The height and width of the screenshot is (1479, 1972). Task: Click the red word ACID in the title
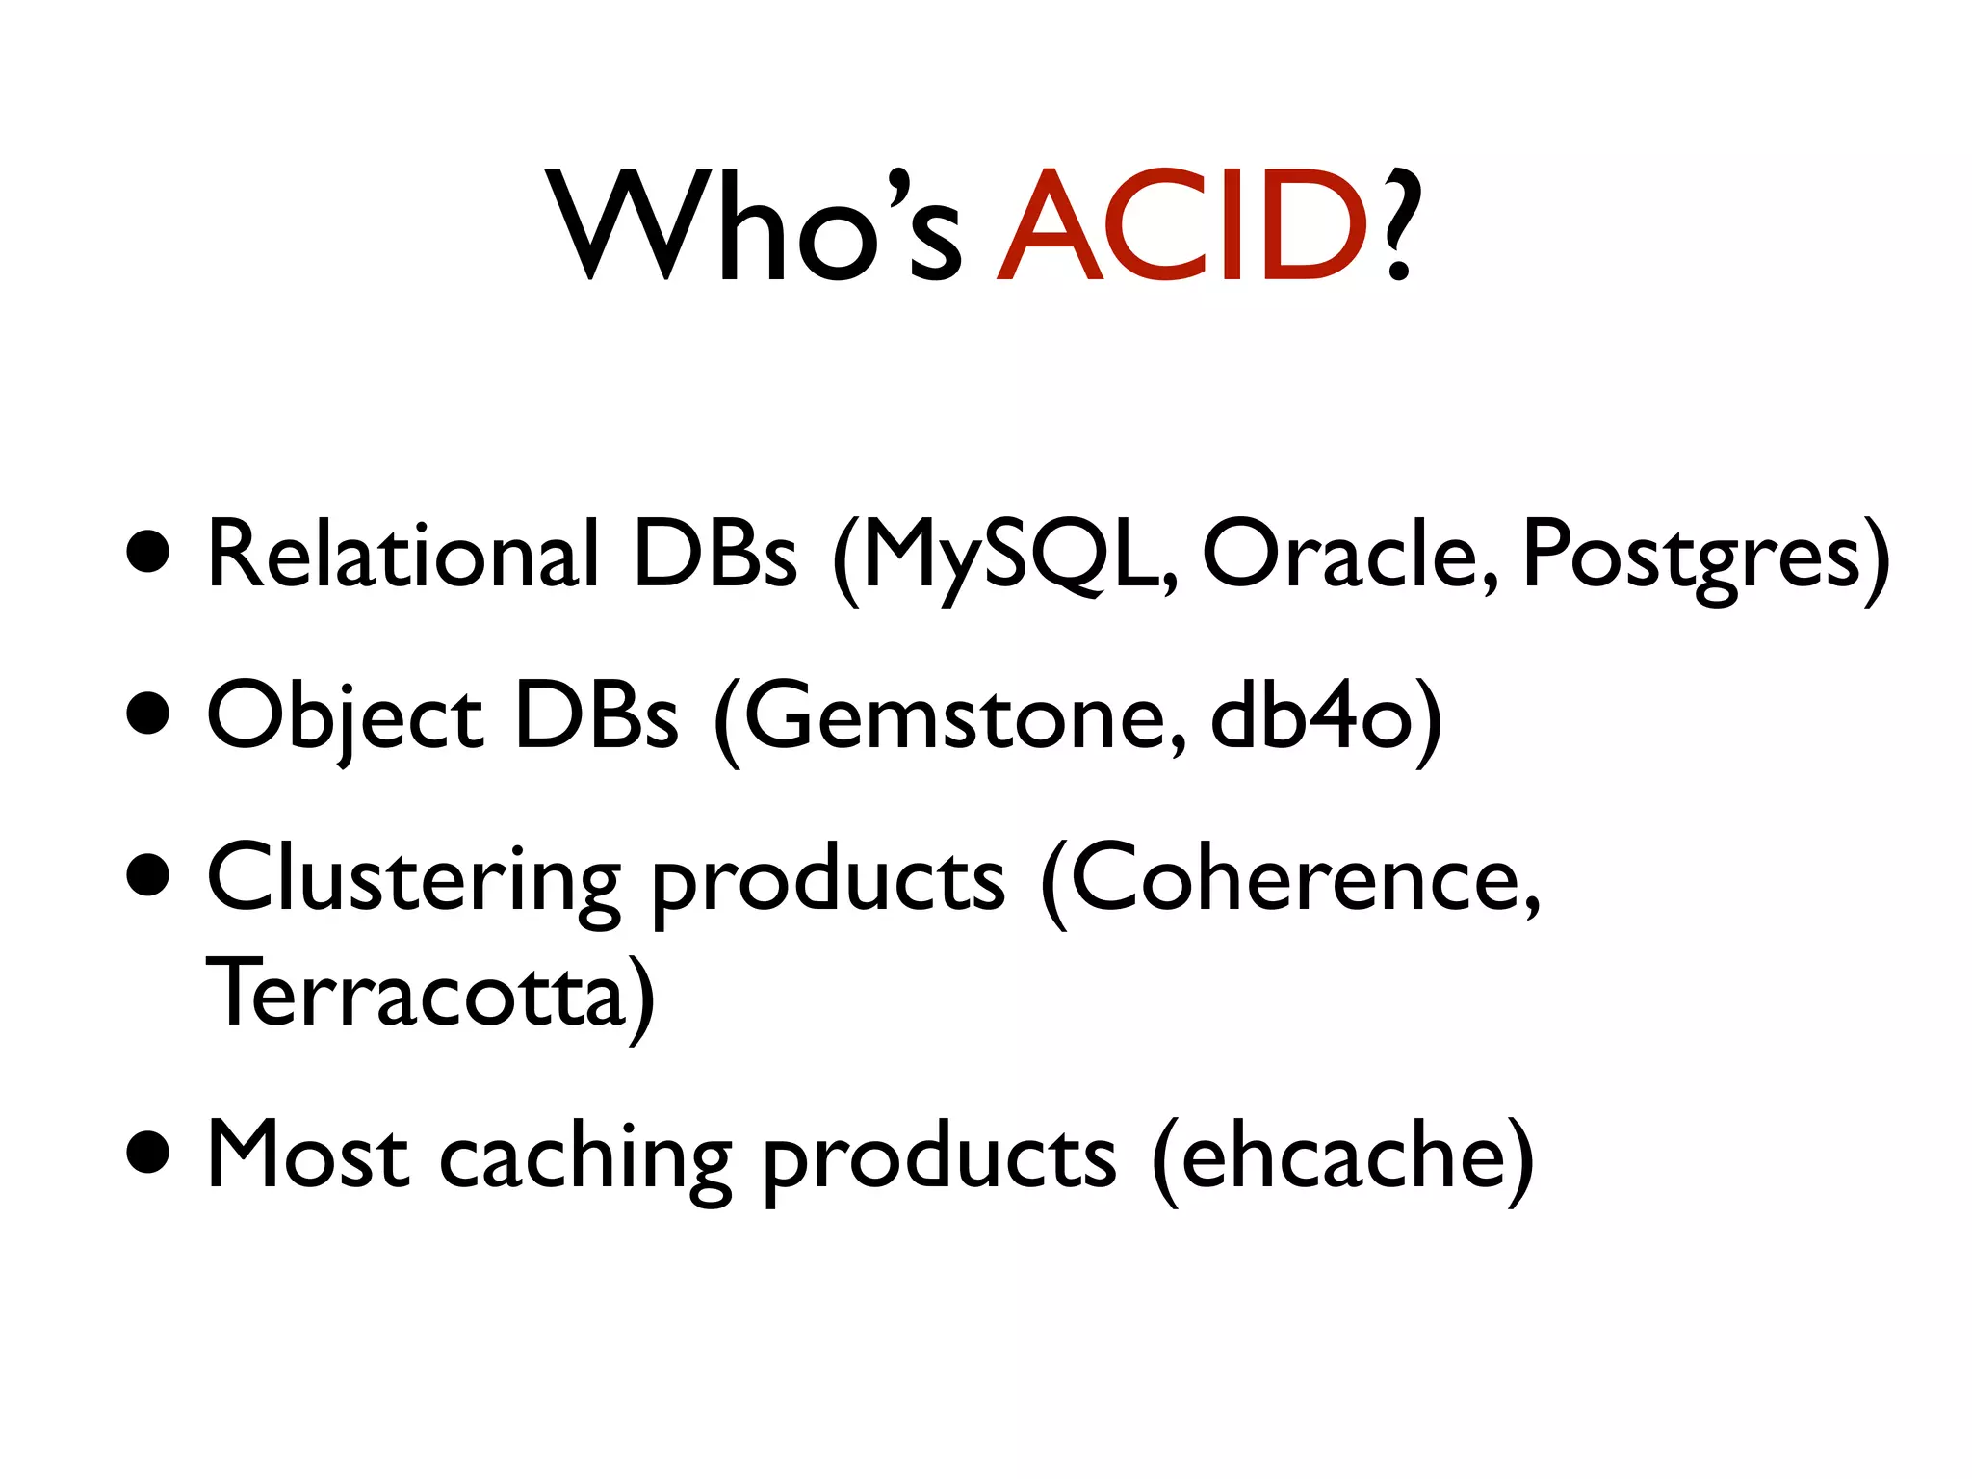(x=1182, y=226)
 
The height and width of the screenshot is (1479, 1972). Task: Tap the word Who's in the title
(x=756, y=226)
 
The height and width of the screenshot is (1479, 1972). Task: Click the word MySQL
(x=1011, y=555)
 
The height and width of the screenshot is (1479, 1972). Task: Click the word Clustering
(x=414, y=878)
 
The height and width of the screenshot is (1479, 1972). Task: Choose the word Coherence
(x=1300, y=878)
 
